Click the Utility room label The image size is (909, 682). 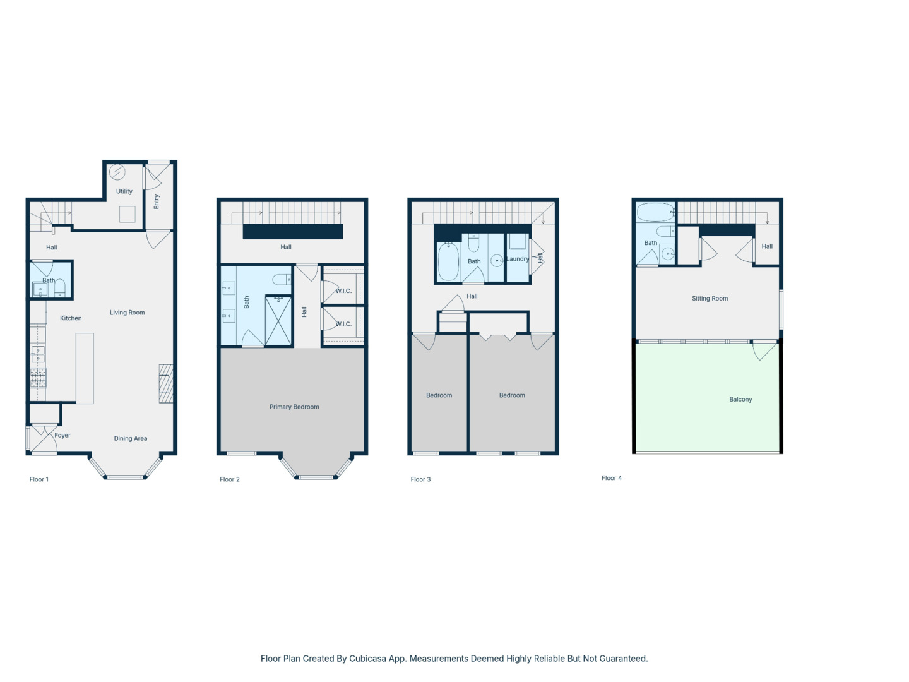[124, 191]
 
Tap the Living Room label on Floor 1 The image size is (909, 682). [127, 313]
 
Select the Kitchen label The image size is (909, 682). [71, 318]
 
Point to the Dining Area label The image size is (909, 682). [131, 438]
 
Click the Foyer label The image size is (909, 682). [62, 435]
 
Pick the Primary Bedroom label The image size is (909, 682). [294, 407]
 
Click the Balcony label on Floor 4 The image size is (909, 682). [740, 399]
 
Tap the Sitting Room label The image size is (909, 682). [710, 299]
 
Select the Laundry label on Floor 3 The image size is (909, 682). [518, 259]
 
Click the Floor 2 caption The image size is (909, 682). [230, 479]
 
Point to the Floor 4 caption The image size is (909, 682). [612, 478]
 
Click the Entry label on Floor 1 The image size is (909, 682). [157, 201]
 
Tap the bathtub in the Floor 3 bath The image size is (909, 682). [448, 261]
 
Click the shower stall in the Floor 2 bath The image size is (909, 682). [278, 320]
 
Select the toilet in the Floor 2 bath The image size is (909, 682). [282, 280]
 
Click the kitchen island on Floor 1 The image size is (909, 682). [85, 368]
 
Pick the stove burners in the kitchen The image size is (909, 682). [38, 378]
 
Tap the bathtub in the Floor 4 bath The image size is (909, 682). [655, 212]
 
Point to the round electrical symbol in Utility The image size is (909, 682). [117, 172]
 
